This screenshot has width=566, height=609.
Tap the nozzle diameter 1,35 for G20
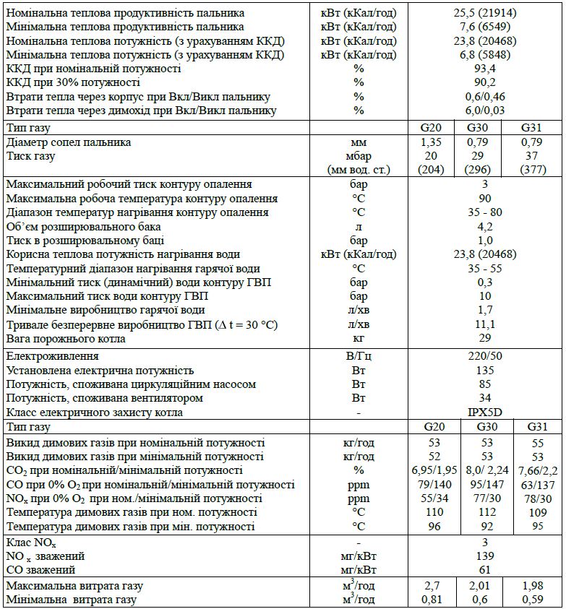(x=431, y=142)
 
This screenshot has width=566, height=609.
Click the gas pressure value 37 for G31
(x=532, y=156)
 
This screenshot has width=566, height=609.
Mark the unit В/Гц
(x=359, y=356)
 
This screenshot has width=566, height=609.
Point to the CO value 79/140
(x=431, y=485)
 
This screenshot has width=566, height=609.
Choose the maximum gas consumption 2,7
(x=431, y=585)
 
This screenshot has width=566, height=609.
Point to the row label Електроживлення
(x=52, y=356)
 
